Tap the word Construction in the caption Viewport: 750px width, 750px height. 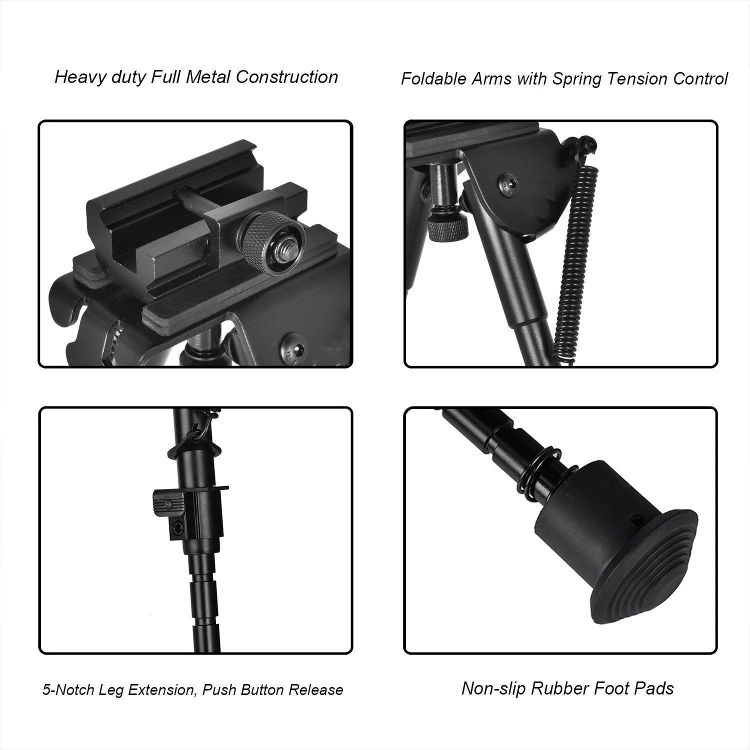287,77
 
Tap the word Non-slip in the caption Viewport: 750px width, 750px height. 493,688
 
